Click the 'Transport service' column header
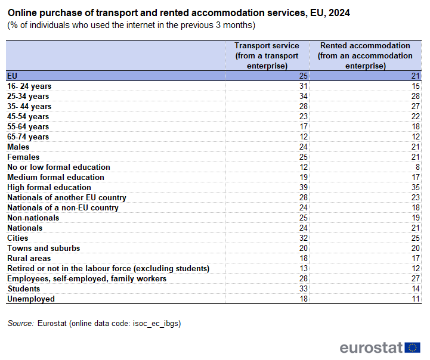point(267,55)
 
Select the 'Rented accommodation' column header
point(365,55)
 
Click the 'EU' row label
point(13,76)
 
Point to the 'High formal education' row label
point(49,187)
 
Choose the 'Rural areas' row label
point(29,258)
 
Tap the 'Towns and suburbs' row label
point(44,248)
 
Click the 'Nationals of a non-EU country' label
point(63,207)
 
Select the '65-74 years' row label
point(28,136)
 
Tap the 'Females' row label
point(23,157)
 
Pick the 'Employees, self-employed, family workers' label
point(86,278)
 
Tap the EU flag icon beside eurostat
point(412,347)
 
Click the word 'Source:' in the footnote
point(20,323)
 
